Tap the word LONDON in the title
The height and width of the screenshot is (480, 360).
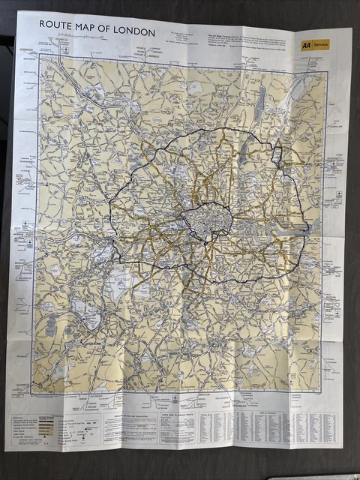[x=136, y=32]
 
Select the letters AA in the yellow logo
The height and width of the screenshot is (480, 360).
[x=307, y=45]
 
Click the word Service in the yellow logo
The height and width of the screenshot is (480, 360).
[x=321, y=45]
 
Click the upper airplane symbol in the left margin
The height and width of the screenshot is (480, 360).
[x=26, y=224]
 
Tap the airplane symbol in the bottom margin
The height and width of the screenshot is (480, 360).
[x=174, y=400]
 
